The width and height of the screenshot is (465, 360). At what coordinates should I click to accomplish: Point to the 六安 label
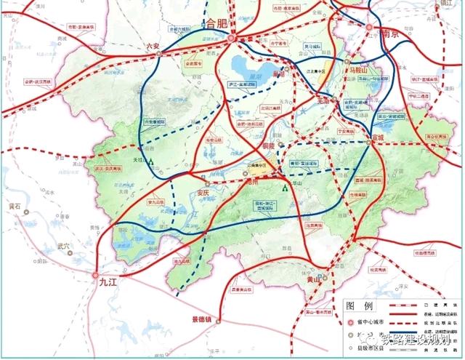click(x=152, y=45)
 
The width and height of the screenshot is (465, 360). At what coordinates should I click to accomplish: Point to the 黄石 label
click(x=14, y=206)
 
